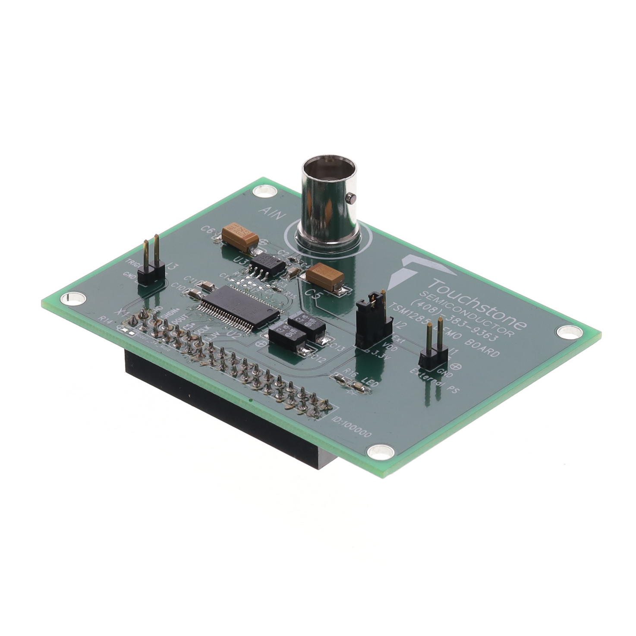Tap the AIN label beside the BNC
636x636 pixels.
pyautogui.click(x=271, y=214)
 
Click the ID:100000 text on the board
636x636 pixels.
pyautogui.click(x=352, y=427)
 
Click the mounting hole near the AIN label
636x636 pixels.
pyautogui.click(x=264, y=191)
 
